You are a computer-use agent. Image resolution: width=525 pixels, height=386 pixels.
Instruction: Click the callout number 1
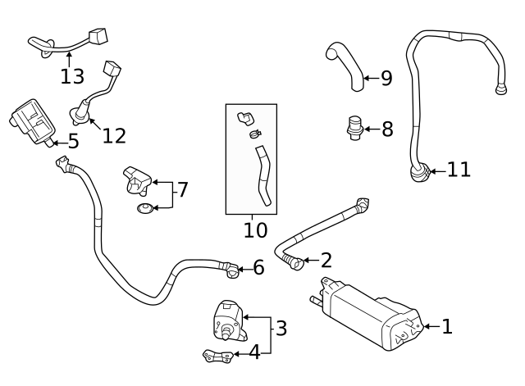447,327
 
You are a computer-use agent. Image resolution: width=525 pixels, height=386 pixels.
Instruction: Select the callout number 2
326,261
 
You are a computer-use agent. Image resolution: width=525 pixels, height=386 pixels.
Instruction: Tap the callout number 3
281,329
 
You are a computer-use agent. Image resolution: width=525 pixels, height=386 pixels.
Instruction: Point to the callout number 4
254,352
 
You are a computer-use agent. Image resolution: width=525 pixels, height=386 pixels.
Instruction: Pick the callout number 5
73,141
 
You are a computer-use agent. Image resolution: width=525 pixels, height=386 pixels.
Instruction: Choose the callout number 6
258,267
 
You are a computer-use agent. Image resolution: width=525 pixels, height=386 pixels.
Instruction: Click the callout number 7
183,190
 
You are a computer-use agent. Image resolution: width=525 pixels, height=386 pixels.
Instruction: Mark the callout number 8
386,129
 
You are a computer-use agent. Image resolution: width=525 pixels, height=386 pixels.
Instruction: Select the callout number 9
386,78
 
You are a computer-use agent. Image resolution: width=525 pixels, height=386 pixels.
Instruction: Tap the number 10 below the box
255,230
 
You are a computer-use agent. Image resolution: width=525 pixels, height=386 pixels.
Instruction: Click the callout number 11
459,170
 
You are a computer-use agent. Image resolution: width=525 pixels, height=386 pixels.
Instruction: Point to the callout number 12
114,135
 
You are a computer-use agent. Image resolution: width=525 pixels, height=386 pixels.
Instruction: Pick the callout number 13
72,76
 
